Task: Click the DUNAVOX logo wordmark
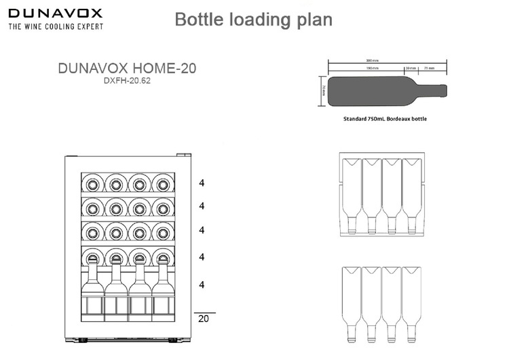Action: tap(55, 12)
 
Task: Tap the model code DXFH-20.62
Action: tap(128, 81)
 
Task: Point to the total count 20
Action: tap(203, 318)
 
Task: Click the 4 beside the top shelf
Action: tap(202, 183)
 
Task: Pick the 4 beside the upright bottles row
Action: tap(202, 284)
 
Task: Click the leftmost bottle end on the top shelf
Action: tap(93, 183)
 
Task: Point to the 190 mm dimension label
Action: tap(372, 68)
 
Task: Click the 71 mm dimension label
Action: tap(430, 68)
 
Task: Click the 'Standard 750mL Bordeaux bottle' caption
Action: tap(385, 118)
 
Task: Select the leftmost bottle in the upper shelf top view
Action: tap(351, 194)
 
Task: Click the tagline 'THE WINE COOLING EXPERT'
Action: tap(56, 26)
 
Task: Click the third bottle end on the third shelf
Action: tap(138, 232)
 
